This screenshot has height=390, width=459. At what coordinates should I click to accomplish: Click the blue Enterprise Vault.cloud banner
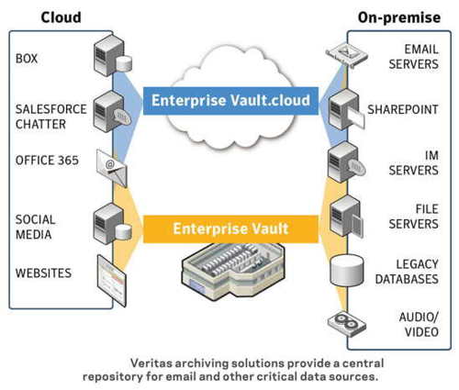(x=230, y=101)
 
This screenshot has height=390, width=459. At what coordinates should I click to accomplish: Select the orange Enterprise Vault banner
(x=230, y=229)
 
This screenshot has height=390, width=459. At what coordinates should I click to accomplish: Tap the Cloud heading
(x=62, y=17)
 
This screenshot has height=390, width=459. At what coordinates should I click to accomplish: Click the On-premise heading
(x=399, y=17)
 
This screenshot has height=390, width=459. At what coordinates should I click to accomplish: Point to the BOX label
(x=27, y=59)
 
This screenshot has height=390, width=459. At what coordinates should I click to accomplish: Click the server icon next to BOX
(x=113, y=55)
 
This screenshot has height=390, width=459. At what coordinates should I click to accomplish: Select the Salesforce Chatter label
(x=51, y=117)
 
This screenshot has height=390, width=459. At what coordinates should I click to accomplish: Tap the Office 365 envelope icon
(x=112, y=168)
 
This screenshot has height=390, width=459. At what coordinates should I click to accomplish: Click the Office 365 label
(x=47, y=160)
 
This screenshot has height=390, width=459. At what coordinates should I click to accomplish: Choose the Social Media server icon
(x=113, y=224)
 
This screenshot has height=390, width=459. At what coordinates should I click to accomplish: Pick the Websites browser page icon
(x=112, y=281)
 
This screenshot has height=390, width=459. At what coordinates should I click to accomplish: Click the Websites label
(x=43, y=273)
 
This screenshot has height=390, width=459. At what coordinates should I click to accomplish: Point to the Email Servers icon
(x=347, y=55)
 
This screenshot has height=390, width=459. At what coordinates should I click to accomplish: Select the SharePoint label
(x=403, y=109)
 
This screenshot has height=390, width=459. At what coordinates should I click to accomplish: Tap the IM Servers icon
(x=346, y=162)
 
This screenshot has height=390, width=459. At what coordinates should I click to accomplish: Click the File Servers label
(x=414, y=217)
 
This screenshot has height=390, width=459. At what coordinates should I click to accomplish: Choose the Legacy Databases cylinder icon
(x=347, y=271)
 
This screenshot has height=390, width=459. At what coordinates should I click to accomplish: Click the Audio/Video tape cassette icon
(x=347, y=324)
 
